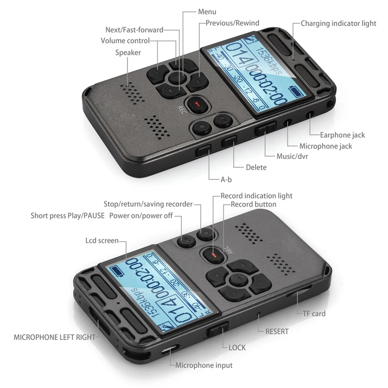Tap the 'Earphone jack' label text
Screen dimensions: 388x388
tap(342, 135)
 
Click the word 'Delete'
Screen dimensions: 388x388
tap(256, 167)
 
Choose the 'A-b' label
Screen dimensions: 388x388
tap(226, 179)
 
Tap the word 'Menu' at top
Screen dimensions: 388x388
tap(207, 12)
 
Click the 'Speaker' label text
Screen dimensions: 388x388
tap(128, 52)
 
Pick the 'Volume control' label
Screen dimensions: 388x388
tap(125, 41)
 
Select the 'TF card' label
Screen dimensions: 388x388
tap(314, 314)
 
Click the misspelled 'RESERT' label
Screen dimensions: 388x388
tap(277, 332)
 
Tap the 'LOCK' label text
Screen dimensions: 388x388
tap(237, 347)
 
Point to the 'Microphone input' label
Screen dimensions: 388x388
tap(204, 365)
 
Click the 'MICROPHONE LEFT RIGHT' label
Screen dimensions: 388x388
tap(55, 337)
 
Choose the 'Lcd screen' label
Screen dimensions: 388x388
tap(101, 241)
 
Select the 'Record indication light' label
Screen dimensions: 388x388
tap(257, 196)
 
